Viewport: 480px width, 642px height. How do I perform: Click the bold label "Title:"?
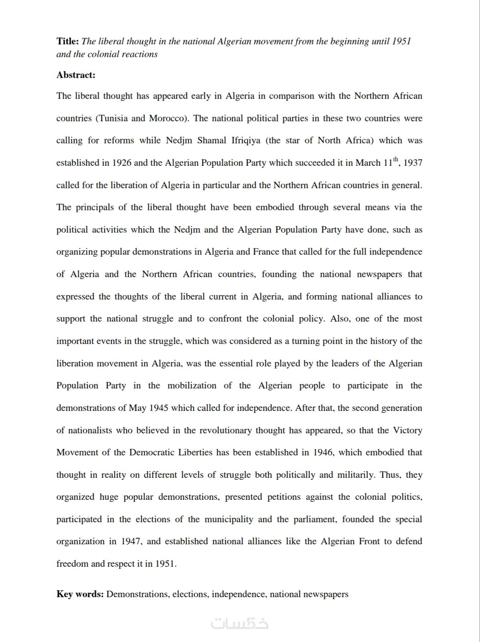68,41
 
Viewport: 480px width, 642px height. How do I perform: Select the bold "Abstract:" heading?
76,75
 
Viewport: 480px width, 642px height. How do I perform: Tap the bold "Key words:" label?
80,594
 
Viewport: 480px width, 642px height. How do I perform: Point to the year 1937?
413,163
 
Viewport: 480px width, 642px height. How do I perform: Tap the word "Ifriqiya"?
246,141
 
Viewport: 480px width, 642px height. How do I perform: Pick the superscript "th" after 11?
396,160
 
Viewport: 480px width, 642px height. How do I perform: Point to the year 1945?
159,408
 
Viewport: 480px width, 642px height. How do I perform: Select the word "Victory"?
408,431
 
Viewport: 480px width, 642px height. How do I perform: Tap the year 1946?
323,453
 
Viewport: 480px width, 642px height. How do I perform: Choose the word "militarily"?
355,475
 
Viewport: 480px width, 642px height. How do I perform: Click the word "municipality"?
229,519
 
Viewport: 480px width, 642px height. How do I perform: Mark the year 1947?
131,541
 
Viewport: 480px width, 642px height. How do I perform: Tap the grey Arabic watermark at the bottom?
239,623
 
